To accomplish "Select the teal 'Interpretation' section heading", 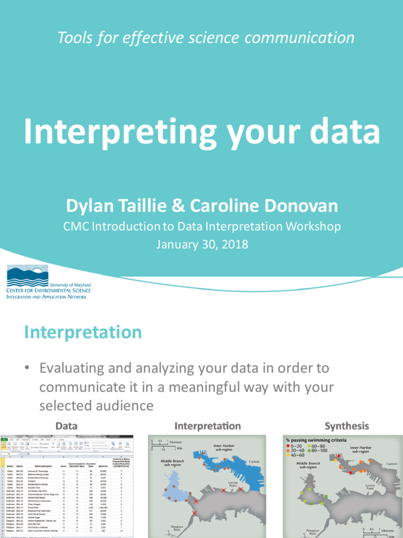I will tap(83, 332).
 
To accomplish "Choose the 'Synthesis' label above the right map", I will tap(346, 426).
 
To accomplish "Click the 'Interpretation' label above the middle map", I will tap(207, 426).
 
